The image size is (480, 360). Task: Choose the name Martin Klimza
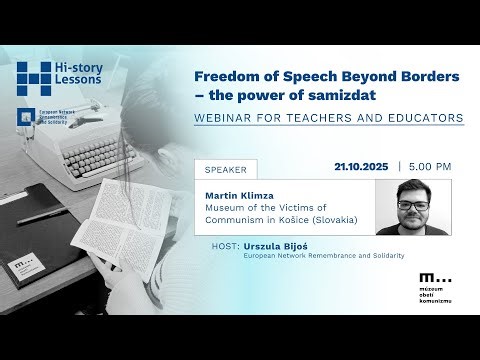tap(238, 194)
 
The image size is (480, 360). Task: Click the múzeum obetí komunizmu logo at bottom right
tap(437, 283)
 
